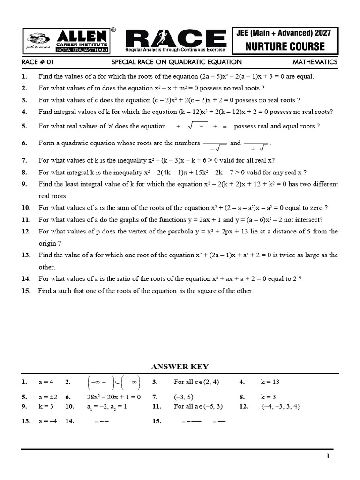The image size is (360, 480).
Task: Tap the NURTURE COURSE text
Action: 285,46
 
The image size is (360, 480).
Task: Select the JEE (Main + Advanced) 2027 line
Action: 285,33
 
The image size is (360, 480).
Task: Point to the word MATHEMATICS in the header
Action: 315,62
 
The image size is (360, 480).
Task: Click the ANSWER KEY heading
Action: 180,367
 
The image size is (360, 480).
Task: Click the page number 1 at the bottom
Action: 328,456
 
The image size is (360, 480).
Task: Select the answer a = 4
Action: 46,382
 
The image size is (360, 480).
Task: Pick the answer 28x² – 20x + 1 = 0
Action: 113,397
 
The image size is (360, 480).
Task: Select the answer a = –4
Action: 47,421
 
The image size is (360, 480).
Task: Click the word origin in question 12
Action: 47,243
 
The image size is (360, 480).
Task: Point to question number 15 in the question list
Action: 26,291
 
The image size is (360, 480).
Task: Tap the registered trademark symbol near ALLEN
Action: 113,29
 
